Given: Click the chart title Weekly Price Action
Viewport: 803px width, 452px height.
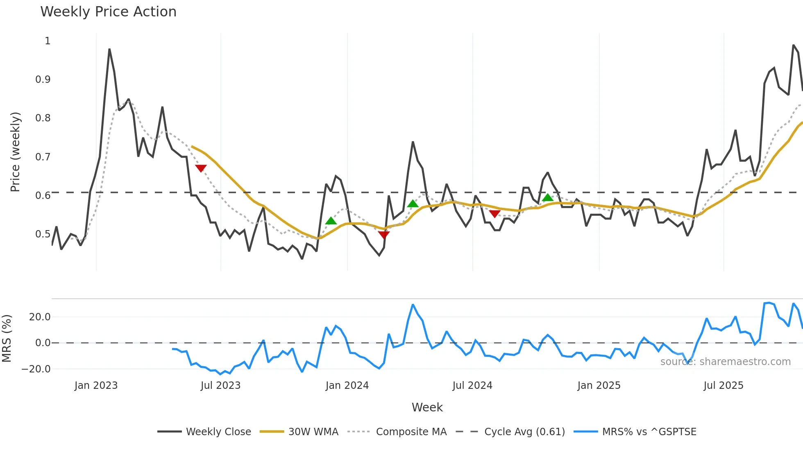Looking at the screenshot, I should [108, 12].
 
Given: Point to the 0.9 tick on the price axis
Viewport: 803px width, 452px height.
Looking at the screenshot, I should [43, 80].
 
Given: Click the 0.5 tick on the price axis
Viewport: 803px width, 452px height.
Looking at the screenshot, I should [43, 234].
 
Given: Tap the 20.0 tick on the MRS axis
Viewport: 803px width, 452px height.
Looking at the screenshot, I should [40, 317].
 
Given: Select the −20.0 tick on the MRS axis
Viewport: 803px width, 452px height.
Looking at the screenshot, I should [36, 369].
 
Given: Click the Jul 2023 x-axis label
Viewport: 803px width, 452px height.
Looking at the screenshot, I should [220, 386].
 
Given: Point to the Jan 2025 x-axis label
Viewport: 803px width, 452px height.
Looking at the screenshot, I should [599, 386].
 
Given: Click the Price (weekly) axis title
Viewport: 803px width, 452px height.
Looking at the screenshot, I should [15, 152].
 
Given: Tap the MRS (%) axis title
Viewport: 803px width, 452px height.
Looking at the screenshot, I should [7, 338].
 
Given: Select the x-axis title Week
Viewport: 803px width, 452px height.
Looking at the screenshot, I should [427, 407].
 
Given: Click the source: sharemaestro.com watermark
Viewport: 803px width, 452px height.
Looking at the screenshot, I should [725, 362].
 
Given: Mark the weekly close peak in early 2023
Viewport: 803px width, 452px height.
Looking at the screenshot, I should [109, 49].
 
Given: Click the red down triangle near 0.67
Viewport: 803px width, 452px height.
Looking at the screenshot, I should [201, 168].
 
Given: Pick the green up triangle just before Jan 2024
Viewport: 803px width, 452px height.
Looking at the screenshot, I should [331, 221].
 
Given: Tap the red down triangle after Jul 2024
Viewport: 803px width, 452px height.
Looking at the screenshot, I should [495, 214].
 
